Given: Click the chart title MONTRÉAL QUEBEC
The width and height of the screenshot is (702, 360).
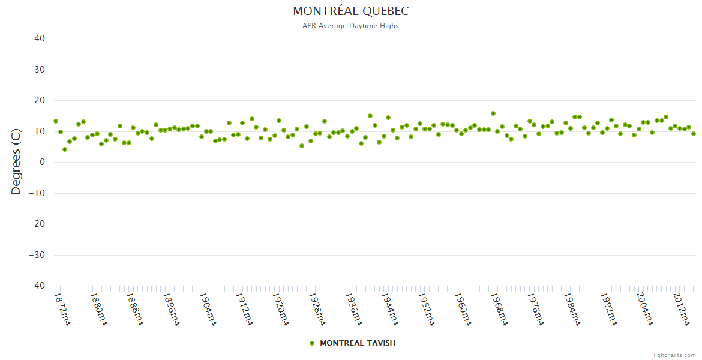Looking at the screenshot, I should pyautogui.click(x=350, y=11).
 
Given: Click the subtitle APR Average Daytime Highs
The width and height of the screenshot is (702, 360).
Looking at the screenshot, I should pyautogui.click(x=350, y=26).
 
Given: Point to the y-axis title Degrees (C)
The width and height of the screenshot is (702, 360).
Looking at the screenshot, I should pyautogui.click(x=16, y=162).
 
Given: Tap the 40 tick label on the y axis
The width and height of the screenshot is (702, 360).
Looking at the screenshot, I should pyautogui.click(x=40, y=38).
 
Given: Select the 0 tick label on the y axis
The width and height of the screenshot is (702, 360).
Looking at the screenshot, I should pyautogui.click(x=43, y=162).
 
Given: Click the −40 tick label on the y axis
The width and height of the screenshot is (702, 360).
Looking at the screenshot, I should pyautogui.click(x=37, y=286).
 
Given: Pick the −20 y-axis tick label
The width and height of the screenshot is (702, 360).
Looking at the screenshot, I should pyautogui.click(x=37, y=224).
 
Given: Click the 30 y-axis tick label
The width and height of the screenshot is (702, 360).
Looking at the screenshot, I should pyautogui.click(x=40, y=70).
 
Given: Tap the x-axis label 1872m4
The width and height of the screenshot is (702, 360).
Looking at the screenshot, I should pyautogui.click(x=62, y=309).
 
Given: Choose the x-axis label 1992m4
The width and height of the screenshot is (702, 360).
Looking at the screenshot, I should pyautogui.click(x=609, y=309).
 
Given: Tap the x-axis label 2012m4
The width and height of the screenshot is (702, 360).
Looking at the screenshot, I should pyautogui.click(x=681, y=309).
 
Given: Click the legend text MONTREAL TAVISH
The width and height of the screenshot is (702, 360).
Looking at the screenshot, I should pyautogui.click(x=358, y=343).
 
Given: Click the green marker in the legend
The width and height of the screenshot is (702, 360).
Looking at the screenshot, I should pyautogui.click(x=311, y=343).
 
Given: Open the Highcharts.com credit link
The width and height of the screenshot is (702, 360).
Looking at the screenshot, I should pyautogui.click(x=673, y=355).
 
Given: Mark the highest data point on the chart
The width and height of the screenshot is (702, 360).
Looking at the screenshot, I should pyautogui.click(x=493, y=113).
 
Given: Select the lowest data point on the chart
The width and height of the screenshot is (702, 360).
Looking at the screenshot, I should pyautogui.click(x=65, y=149).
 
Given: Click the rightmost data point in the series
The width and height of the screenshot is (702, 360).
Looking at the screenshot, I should pyautogui.click(x=694, y=134).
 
